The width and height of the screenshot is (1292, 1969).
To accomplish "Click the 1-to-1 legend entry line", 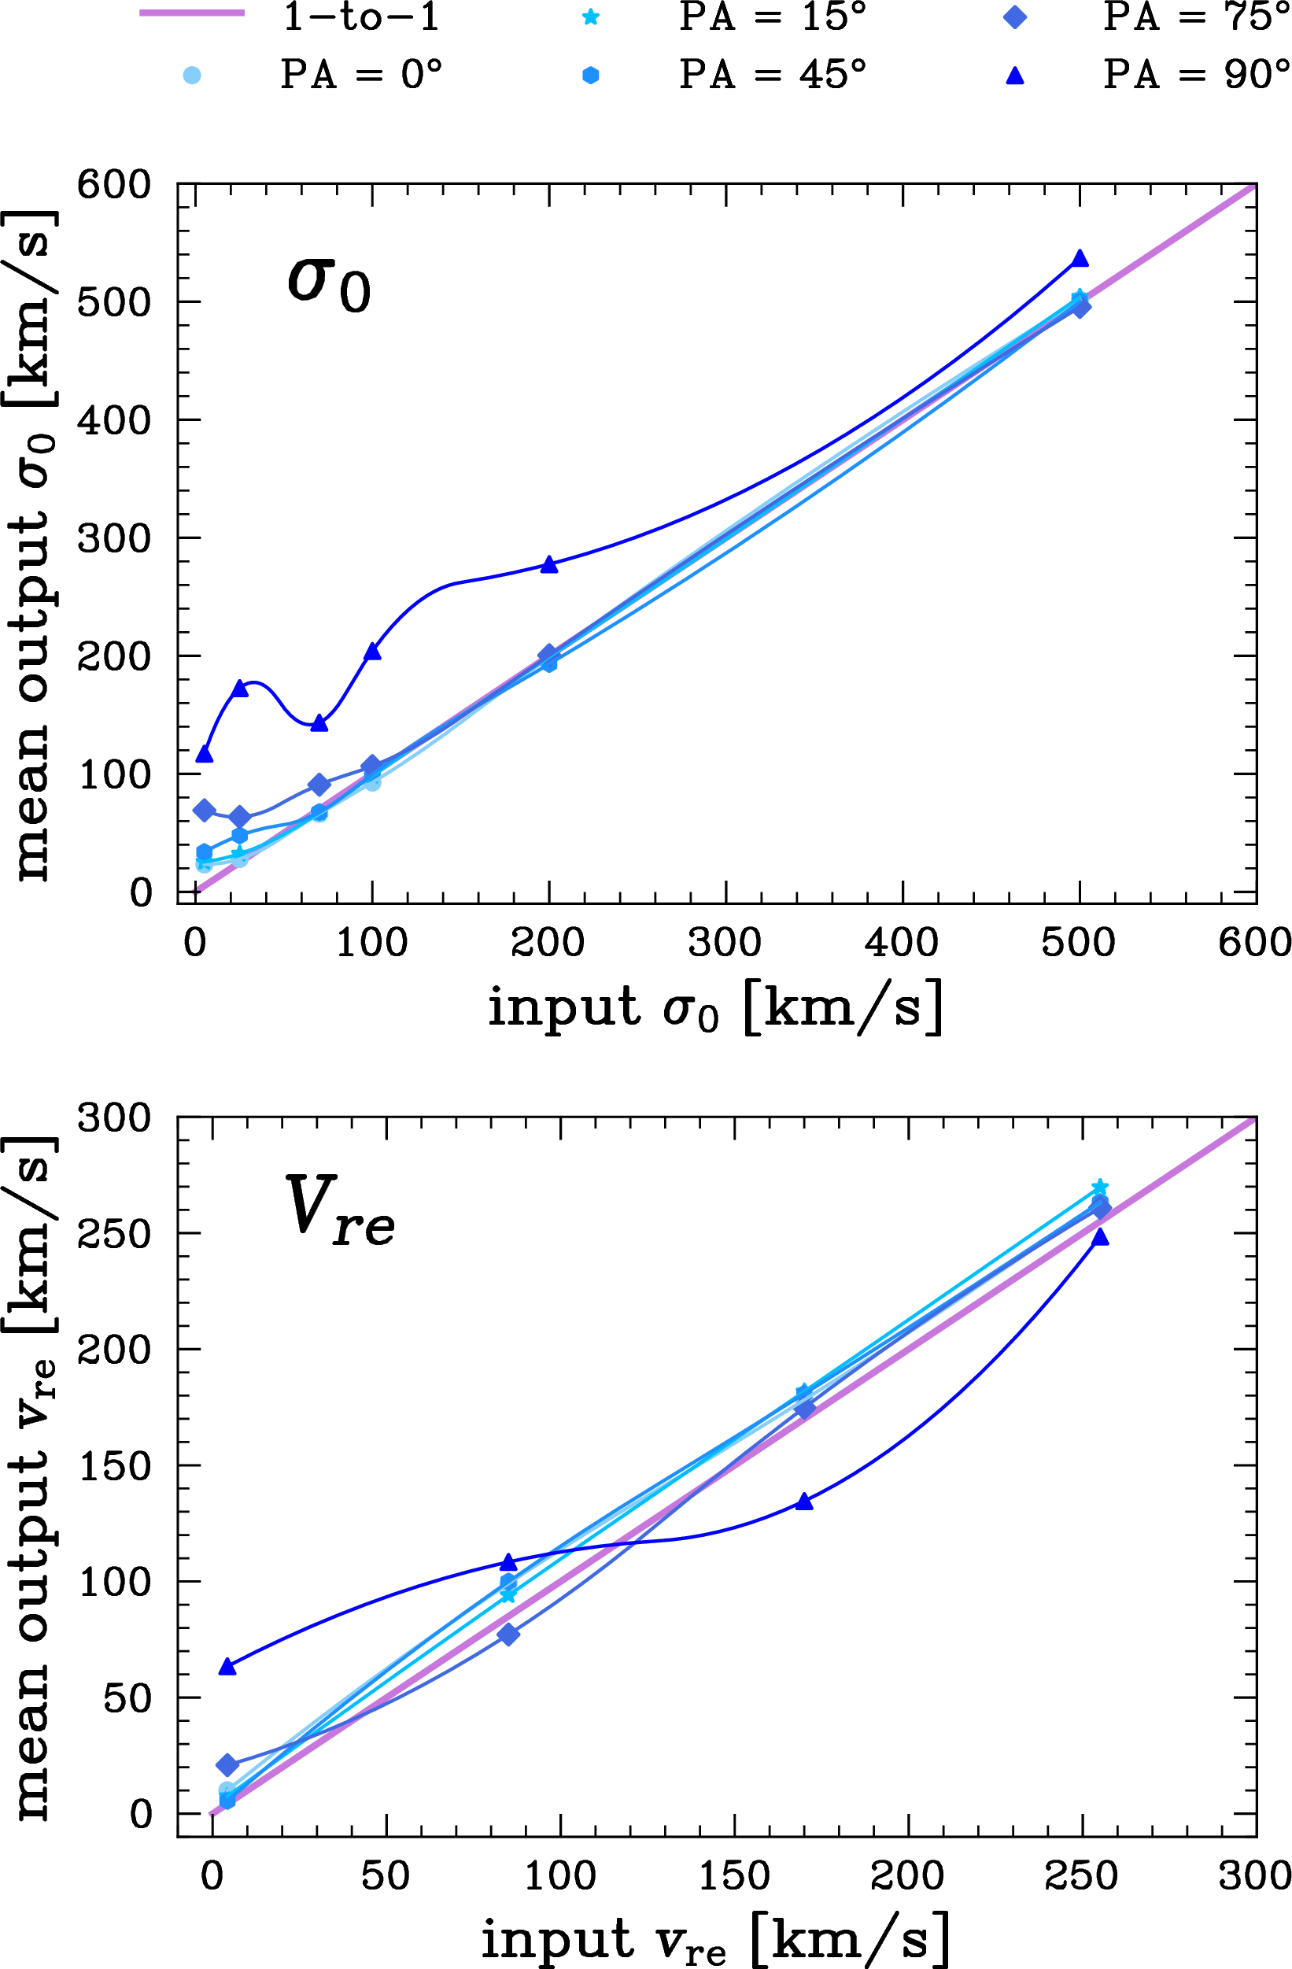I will point(192,13).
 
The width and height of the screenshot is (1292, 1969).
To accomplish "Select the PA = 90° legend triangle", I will point(1015,76).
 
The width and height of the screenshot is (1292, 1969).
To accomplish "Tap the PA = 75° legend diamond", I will point(1015,17).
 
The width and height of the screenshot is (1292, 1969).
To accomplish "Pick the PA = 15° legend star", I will point(591,17).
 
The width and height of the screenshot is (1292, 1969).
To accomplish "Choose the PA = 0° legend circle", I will point(192,76).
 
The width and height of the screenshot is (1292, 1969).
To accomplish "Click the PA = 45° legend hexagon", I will point(591,76).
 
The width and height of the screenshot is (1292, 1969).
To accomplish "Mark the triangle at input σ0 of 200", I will point(549,564).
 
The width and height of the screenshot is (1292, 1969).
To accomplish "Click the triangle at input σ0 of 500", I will point(1080,258).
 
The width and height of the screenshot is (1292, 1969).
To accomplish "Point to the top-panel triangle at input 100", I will point(372,652).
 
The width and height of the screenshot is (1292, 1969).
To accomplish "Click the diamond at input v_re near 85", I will point(508,1634).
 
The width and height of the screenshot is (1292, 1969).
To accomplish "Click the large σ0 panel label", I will point(328,283).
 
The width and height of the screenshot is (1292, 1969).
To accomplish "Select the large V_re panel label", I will point(339,1210).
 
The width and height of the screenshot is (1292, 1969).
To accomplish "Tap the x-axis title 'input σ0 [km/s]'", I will point(715,1007).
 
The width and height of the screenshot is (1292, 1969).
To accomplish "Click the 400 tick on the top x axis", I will point(902,943).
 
